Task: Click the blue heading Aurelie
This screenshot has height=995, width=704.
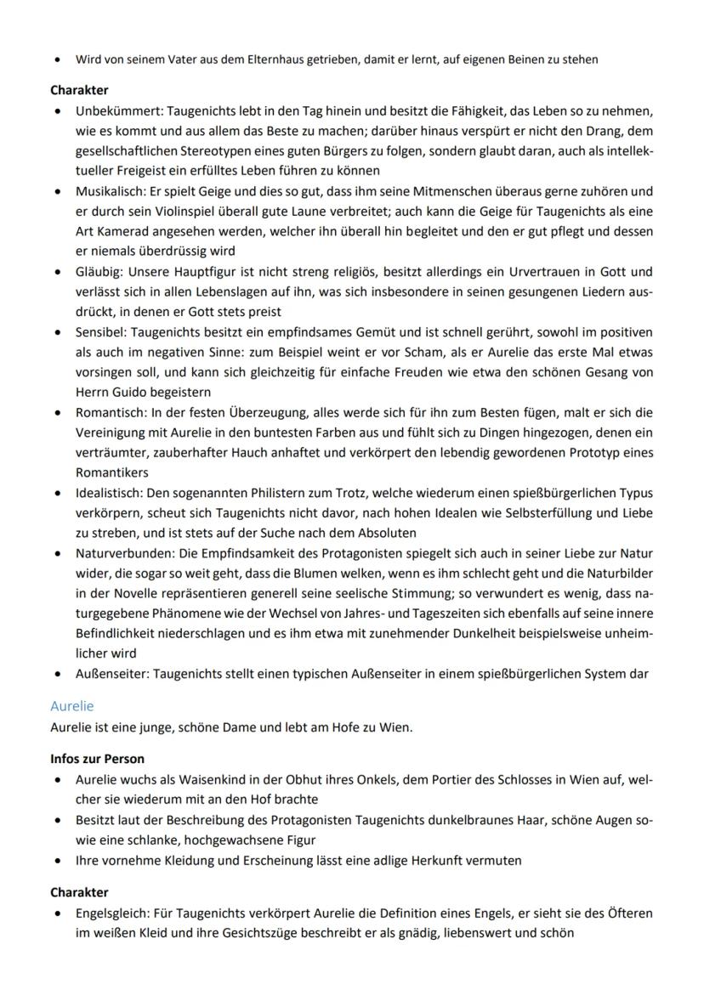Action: [72, 706]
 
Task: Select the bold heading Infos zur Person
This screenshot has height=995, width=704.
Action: [97, 759]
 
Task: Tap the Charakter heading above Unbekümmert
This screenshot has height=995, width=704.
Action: [79, 89]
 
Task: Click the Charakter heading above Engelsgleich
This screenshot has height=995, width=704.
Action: [79, 892]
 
